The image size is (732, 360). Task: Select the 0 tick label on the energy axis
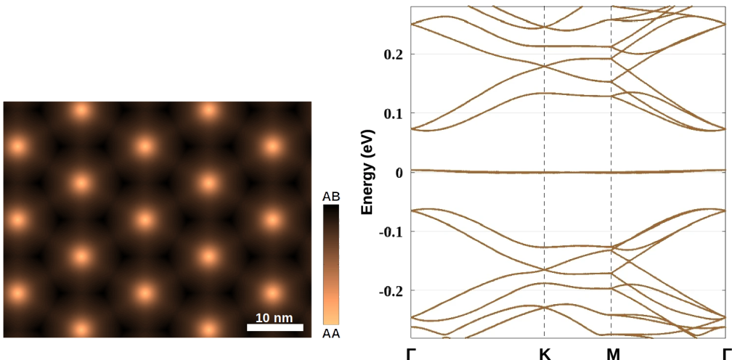click(x=398, y=173)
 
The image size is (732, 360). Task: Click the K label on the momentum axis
click(x=545, y=353)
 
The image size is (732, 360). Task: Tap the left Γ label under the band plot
click(x=411, y=353)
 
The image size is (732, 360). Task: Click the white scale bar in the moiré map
click(x=274, y=327)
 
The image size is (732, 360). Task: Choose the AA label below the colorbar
click(x=331, y=334)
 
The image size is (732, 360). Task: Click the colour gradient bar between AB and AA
click(x=331, y=265)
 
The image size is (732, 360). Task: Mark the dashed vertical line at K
click(x=545, y=218)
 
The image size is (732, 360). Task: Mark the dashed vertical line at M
click(x=611, y=218)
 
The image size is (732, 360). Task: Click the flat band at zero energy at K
click(x=545, y=172)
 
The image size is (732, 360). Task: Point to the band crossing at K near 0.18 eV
click(x=545, y=66)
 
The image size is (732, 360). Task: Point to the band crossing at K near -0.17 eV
click(x=545, y=270)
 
